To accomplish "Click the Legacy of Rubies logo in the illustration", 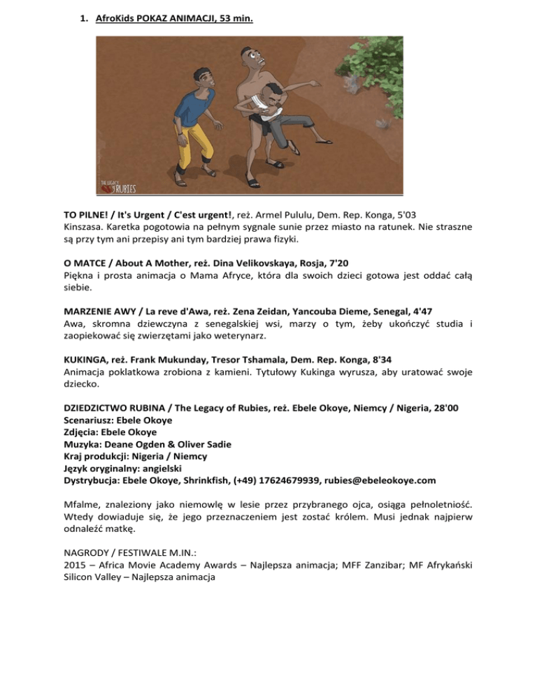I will click(117, 186).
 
